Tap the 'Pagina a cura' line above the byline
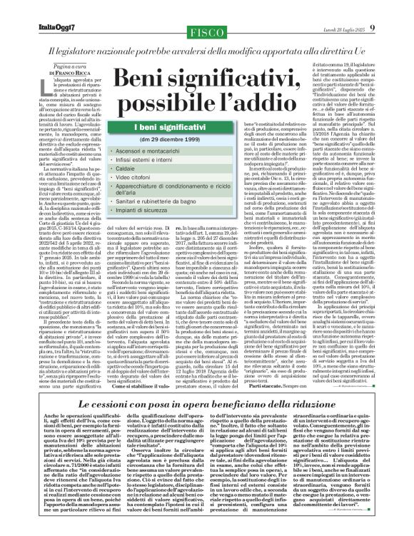(44, 66)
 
